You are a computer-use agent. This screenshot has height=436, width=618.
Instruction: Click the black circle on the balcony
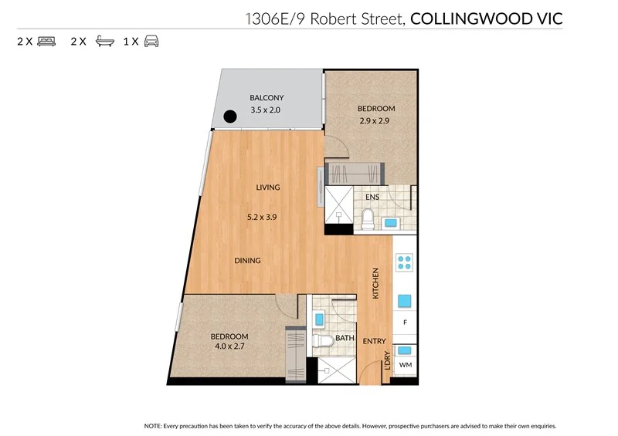229,117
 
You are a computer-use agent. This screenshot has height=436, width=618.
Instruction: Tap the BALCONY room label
267,98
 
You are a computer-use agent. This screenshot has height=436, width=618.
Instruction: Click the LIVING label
268,188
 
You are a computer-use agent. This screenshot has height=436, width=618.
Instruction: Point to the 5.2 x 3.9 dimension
263,218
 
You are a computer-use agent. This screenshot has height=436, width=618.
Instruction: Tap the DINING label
247,261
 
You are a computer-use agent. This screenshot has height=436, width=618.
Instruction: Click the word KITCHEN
376,283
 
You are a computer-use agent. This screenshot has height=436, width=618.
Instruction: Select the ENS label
372,198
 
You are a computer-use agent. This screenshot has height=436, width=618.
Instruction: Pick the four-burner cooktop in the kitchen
404,262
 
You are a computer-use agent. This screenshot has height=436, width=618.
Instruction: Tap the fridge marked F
404,322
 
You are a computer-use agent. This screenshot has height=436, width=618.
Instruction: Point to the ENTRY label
375,342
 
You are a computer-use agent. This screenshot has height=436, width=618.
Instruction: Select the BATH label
345,337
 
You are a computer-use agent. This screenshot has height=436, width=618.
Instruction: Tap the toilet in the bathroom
325,340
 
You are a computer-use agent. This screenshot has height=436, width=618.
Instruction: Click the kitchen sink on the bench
404,300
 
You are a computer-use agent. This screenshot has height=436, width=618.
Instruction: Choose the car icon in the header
151,42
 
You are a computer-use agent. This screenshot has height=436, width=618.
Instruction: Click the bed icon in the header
46,42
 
